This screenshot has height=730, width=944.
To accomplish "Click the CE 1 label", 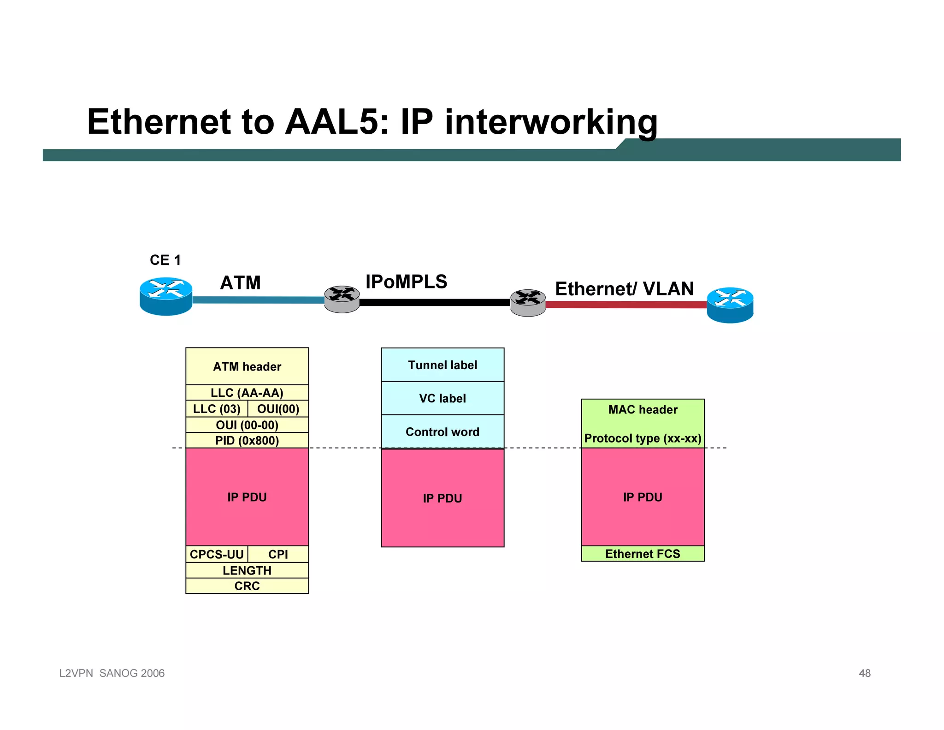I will point(165,260).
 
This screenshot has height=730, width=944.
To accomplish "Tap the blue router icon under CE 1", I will point(166,296).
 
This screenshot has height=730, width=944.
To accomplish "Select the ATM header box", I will point(247,366).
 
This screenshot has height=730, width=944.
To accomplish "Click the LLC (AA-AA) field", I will point(247,393).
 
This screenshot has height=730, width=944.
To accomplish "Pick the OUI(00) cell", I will point(278,409).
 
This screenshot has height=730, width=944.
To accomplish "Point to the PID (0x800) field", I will point(247,440).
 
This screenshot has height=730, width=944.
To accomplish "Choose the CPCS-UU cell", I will point(217,554).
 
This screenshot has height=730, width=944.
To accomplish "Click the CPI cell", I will point(278,554).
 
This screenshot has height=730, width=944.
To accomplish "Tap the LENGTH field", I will point(247,570).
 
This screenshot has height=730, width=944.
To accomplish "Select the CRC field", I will point(247,586).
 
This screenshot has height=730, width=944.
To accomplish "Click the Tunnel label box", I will point(442,365).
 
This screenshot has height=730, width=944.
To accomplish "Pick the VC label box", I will point(442,398).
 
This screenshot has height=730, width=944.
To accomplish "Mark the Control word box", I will point(442,432).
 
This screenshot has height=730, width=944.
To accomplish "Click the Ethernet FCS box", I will point(643,554).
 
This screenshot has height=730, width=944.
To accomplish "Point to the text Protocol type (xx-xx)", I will point(643,438).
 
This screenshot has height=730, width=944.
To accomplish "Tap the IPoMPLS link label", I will point(406,282).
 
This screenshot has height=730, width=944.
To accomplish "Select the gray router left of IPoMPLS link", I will point(342,299).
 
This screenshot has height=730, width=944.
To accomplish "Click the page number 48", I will point(864,673).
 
